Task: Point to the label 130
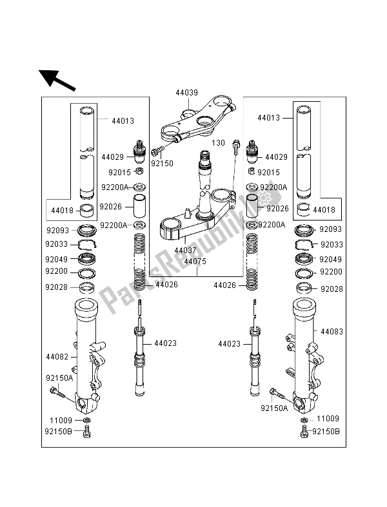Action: tap(219, 144)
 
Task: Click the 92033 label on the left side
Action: tap(57, 244)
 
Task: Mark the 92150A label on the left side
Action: tap(59, 379)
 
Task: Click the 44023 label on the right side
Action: tap(230, 344)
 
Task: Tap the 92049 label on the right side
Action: tap(332, 260)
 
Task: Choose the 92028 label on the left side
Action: tap(57, 289)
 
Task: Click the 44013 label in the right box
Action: tap(270, 119)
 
